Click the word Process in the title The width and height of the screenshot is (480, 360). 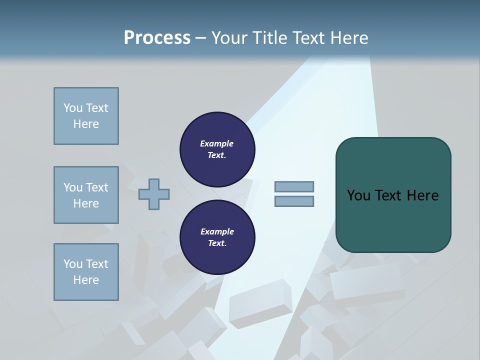(x=157, y=38)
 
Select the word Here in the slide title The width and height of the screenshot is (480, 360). (x=346, y=38)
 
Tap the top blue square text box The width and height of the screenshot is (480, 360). (x=86, y=116)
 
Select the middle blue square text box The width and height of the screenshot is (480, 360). (x=86, y=195)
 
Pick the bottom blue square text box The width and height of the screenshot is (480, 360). (x=86, y=272)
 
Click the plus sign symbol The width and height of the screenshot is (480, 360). (x=154, y=194)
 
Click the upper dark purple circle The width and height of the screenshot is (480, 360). (x=217, y=149)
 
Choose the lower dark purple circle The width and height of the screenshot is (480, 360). (x=217, y=237)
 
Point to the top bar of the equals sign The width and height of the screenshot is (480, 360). (x=294, y=186)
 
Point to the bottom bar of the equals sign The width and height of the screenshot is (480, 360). (x=294, y=201)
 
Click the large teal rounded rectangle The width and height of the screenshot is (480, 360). (x=393, y=220)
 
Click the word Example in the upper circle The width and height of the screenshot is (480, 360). (x=216, y=143)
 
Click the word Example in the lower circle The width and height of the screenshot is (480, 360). (x=217, y=231)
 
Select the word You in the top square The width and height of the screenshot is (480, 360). (x=72, y=108)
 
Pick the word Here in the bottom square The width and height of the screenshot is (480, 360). (x=86, y=280)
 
